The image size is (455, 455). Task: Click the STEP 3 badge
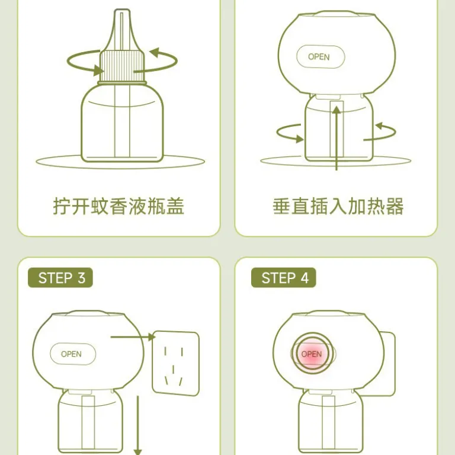click(x=60, y=278)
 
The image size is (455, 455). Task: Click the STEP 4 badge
click(x=284, y=278)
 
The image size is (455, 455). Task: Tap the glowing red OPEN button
click(x=312, y=354)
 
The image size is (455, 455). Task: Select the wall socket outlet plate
click(x=176, y=363)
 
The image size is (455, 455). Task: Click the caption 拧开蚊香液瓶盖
click(x=118, y=206)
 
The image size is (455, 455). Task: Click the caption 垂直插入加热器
click(x=338, y=206)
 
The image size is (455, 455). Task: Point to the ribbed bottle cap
click(x=122, y=66)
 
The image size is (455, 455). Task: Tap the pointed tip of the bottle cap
click(x=122, y=11)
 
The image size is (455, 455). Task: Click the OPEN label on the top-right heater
click(x=319, y=57)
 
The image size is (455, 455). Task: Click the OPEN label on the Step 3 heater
click(x=71, y=354)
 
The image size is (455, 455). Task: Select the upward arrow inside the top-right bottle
click(x=337, y=138)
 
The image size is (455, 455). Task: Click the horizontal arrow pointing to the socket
click(x=133, y=337)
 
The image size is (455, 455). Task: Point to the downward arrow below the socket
click(x=137, y=425)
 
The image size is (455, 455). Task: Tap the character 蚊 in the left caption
click(x=100, y=206)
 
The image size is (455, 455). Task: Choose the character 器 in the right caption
click(x=395, y=206)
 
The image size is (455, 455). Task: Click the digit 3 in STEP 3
click(x=82, y=278)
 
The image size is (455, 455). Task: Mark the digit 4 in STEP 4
click(x=305, y=278)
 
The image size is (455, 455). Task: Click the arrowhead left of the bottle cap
click(x=99, y=71)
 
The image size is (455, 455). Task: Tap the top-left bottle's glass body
click(x=122, y=123)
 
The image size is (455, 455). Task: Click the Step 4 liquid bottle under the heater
click(x=330, y=422)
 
